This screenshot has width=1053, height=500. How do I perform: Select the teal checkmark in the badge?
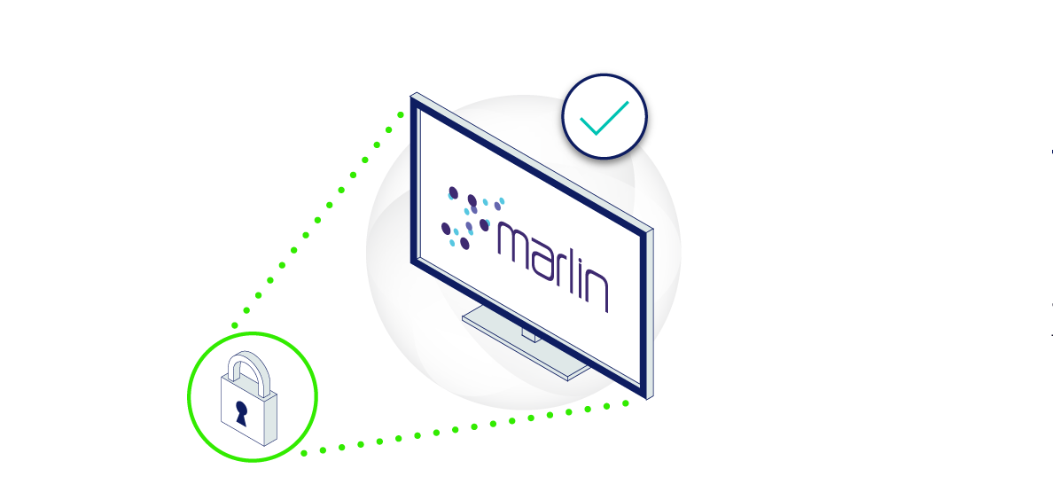(x=604, y=117)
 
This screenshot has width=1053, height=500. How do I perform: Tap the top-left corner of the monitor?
(x=414, y=96)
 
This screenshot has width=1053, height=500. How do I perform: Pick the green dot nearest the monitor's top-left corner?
(x=401, y=114)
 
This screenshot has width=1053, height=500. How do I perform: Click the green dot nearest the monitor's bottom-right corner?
(x=626, y=402)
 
